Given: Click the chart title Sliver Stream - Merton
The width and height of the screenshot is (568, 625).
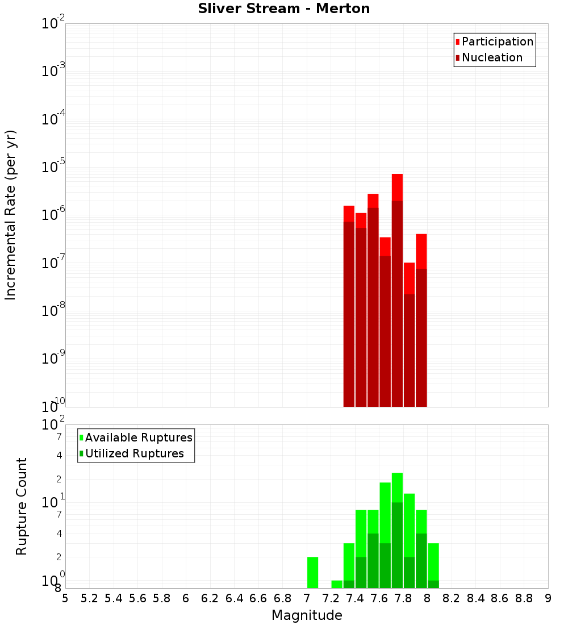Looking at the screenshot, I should [283, 9].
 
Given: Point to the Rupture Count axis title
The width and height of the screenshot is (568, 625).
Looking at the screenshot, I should [22, 506].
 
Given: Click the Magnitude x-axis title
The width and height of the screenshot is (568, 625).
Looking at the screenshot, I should [307, 615].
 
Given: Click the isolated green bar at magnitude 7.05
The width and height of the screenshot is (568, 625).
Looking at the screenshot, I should [312, 572].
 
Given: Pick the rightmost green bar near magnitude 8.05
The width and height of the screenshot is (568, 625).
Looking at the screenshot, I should [433, 565].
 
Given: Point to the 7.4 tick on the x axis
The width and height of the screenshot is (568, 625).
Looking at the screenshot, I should [355, 598].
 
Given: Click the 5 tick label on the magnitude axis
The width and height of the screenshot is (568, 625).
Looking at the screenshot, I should [65, 598].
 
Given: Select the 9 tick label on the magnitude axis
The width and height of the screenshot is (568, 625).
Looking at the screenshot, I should [548, 598].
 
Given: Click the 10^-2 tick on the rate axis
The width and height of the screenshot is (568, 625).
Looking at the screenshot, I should [53, 24].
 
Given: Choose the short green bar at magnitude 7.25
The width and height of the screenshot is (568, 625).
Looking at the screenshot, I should [337, 584].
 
